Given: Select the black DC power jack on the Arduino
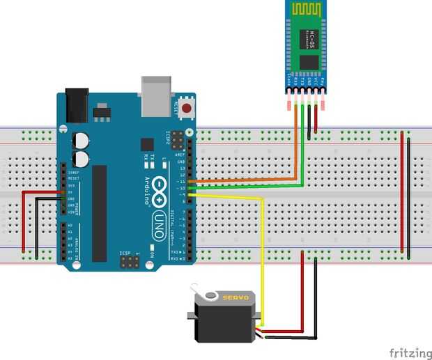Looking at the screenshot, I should tap(75, 104).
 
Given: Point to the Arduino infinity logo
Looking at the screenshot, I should tap(159, 188).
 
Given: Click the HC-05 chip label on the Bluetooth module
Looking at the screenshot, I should tap(311, 41).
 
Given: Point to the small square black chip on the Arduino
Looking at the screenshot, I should tap(147, 144).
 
